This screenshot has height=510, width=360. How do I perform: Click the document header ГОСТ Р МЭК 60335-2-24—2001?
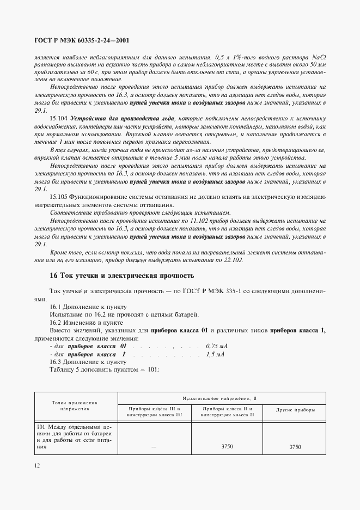pyautogui.click(x=81, y=40)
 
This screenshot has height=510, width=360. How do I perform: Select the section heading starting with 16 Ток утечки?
pyautogui.click(x=121, y=276)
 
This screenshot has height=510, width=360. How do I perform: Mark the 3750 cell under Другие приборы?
pyautogui.click(x=295, y=446)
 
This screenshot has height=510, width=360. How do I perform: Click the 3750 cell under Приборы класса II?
pyautogui.click(x=224, y=446)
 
